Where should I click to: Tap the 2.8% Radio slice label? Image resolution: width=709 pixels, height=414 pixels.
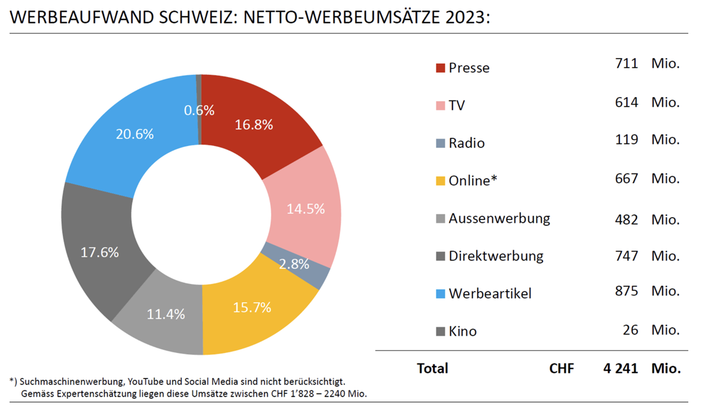(294, 264)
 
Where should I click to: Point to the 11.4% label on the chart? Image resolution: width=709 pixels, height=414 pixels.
(166, 314)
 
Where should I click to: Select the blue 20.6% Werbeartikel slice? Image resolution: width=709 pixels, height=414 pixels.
(135, 134)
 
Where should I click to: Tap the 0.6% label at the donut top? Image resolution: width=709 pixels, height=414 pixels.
(199, 110)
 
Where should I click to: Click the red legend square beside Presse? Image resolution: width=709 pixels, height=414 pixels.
(440, 68)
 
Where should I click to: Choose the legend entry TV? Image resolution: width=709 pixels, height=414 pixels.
(457, 106)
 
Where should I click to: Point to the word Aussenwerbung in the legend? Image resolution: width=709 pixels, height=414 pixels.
(499, 218)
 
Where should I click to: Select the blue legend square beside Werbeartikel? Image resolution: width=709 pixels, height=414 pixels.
(440, 293)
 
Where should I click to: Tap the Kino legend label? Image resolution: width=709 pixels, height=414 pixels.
(463, 331)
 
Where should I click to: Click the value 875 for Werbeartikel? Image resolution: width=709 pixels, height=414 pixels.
(626, 292)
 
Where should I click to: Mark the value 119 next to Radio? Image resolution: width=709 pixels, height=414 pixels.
(626, 140)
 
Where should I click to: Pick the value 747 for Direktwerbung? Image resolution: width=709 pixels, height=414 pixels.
(626, 255)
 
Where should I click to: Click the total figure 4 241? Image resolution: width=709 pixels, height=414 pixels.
(620, 368)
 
